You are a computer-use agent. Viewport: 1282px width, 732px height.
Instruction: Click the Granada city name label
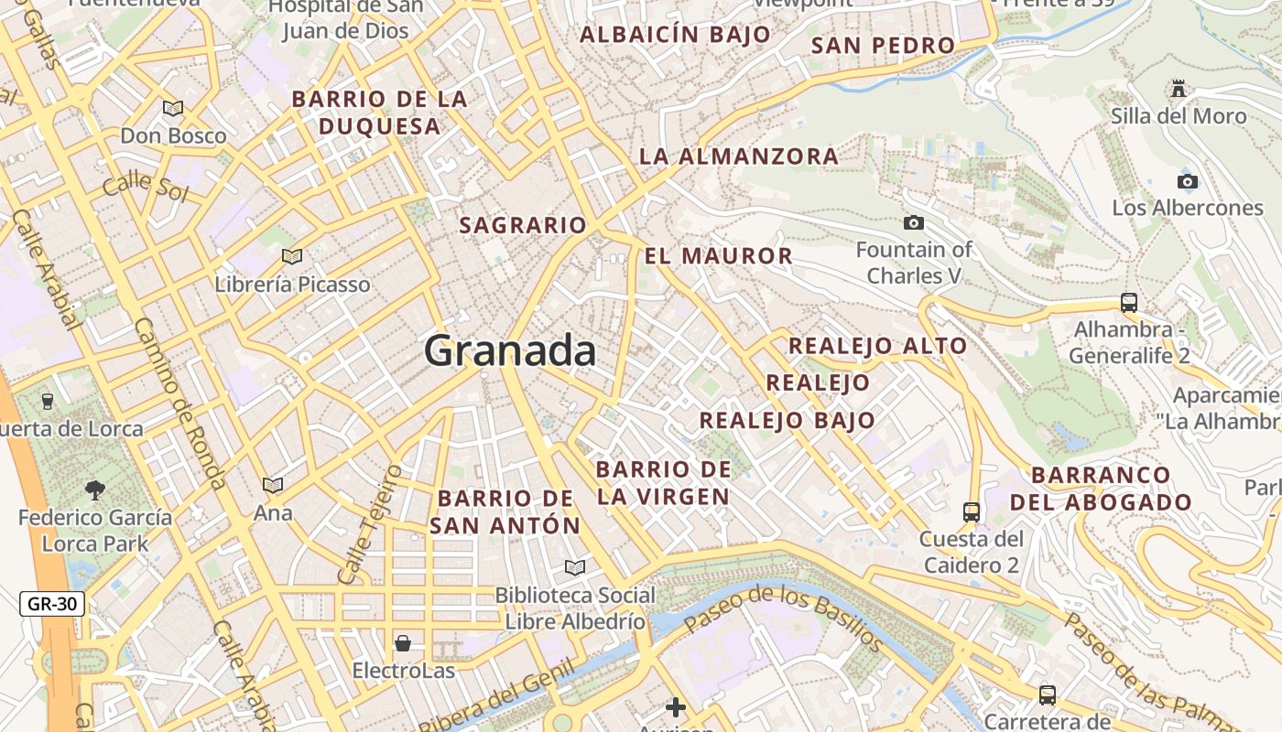click(x=510, y=351)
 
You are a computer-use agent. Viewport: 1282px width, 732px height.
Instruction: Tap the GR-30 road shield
click(x=52, y=604)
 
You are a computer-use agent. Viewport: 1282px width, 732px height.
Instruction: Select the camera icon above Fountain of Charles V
click(x=913, y=222)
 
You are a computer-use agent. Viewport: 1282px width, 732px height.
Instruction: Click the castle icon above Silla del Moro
click(x=1179, y=89)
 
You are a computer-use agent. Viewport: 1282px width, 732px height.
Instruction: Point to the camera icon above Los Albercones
click(x=1188, y=181)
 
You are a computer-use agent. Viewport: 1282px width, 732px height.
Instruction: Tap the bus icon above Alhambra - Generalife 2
click(x=1129, y=303)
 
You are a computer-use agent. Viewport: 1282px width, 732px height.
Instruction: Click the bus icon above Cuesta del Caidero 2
click(x=972, y=512)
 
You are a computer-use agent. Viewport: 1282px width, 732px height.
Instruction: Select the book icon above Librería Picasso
click(x=292, y=257)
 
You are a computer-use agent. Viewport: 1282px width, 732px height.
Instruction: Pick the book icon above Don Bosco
click(x=173, y=109)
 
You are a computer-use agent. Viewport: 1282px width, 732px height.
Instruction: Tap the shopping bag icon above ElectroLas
click(x=403, y=643)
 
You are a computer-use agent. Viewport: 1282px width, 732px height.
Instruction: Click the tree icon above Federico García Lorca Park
click(x=94, y=490)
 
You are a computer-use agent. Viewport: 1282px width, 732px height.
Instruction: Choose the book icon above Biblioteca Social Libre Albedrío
click(x=574, y=568)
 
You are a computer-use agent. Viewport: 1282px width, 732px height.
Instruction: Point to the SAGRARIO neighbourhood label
click(x=523, y=225)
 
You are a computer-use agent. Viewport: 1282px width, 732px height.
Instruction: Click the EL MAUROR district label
click(x=719, y=256)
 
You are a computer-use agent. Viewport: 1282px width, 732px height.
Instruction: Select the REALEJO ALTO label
click(x=877, y=346)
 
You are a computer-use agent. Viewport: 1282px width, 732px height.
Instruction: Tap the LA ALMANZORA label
click(x=739, y=156)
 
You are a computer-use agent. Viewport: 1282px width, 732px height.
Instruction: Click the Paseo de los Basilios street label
click(x=783, y=617)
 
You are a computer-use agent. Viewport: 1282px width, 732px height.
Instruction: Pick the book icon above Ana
click(x=273, y=485)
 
